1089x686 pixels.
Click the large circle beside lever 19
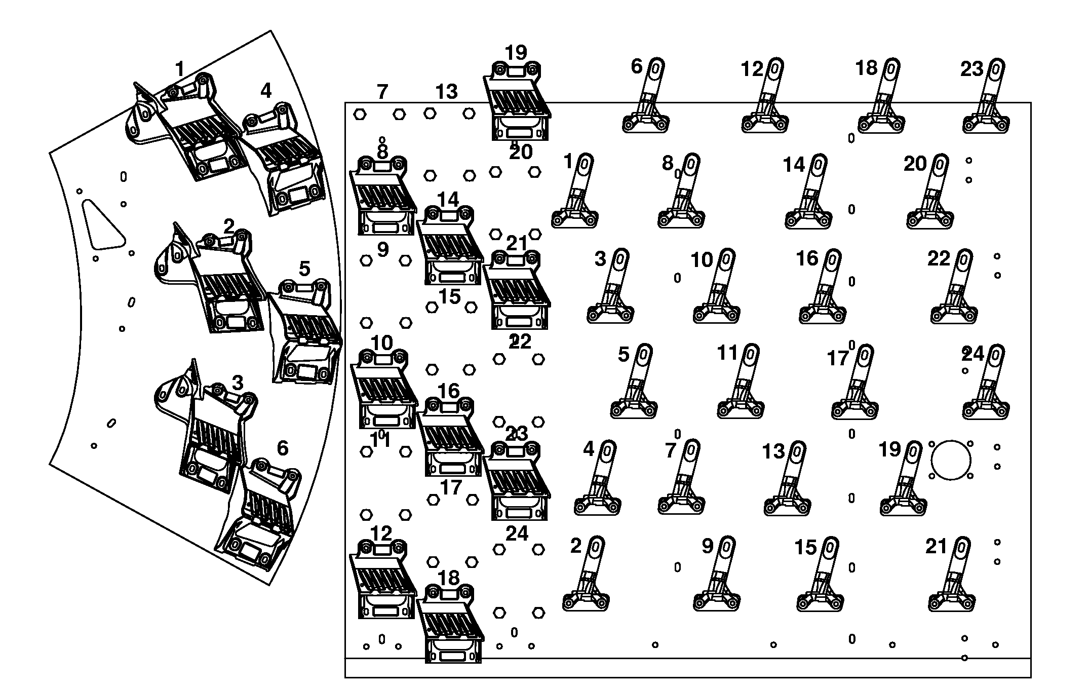click(x=951, y=460)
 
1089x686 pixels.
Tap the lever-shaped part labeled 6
click(x=648, y=101)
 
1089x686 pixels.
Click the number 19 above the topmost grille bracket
click(x=516, y=53)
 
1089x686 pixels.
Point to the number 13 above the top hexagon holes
click(x=446, y=92)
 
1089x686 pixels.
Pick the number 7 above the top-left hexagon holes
click(x=382, y=92)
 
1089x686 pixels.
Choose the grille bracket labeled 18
click(x=450, y=623)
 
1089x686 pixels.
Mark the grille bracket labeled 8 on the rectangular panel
click(x=382, y=198)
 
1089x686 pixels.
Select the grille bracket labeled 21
click(x=516, y=291)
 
